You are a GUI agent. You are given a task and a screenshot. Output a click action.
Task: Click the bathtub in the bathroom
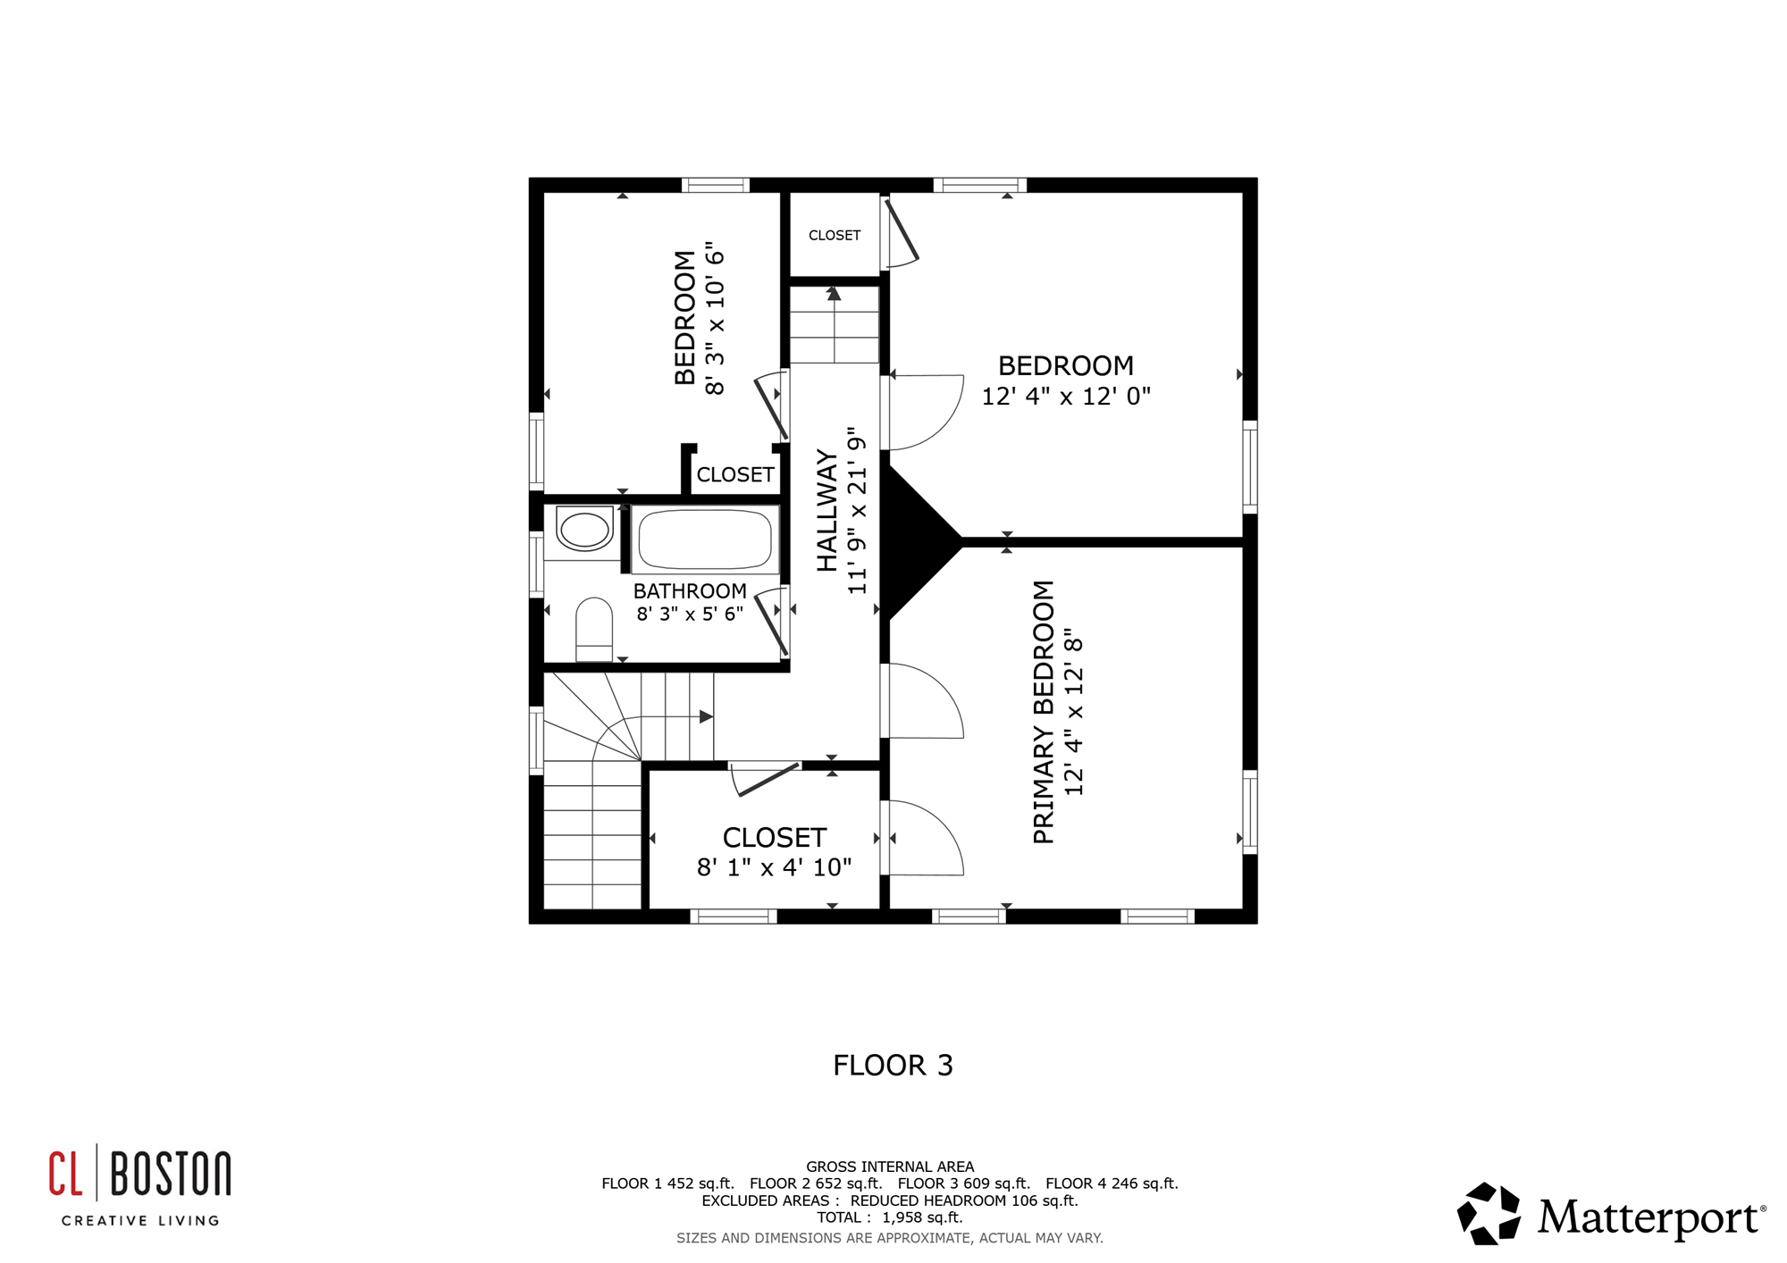pos(705,539)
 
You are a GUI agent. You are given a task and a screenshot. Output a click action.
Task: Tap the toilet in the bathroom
pos(594,629)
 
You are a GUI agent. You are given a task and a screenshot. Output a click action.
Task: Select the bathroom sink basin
pos(584,528)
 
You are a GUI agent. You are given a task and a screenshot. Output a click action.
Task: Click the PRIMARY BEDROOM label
pos(1044,712)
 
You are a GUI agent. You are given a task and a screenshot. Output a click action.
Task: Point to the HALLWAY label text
pos(828,511)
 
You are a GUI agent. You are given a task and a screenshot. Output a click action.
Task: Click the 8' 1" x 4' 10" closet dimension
pos(774,867)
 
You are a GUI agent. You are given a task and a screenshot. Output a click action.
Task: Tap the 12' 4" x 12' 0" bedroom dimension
pos(1066,396)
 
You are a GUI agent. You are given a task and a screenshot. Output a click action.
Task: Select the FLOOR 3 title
pos(893,1065)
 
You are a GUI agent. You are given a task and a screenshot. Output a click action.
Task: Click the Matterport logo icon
pos(1489,1214)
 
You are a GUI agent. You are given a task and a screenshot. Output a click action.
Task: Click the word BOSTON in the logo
pos(171,1175)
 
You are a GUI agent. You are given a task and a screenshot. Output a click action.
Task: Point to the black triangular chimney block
pos(920,541)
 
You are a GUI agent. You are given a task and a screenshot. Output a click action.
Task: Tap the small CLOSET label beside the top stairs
pos(835,235)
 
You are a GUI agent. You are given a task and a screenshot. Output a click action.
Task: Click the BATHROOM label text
pos(690,591)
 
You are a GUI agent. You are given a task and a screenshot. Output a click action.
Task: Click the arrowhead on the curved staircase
pos(706,716)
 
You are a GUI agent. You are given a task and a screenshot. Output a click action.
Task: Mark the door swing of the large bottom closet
pos(766,779)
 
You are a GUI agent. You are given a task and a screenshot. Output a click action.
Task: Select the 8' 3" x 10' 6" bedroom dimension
pos(714,317)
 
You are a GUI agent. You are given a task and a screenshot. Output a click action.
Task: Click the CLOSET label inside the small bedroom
pos(735,474)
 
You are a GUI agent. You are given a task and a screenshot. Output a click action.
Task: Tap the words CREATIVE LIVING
pos(140,1221)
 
